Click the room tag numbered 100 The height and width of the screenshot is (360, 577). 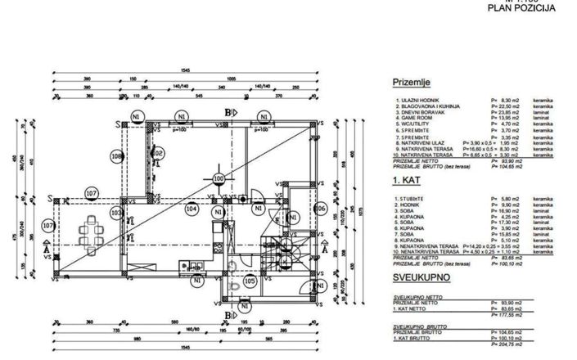[218, 178]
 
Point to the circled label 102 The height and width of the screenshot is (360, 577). [159, 153]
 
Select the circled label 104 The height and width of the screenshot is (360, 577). [192, 209]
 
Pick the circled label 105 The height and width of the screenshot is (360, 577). [250, 281]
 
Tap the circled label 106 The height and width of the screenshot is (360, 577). [320, 209]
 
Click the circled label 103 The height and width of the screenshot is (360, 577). [115, 212]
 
